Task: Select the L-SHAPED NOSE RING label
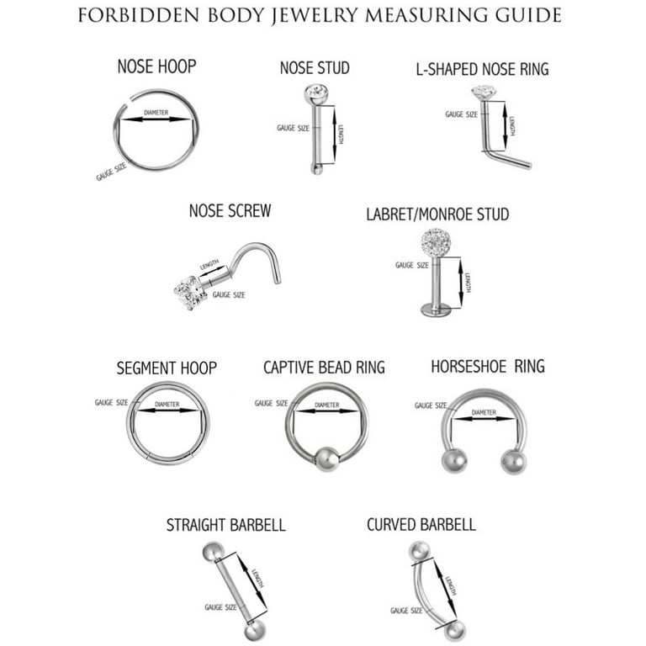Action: click(x=482, y=69)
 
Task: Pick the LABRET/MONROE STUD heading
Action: click(x=437, y=214)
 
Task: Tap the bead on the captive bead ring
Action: click(x=326, y=459)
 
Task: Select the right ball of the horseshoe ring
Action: click(x=513, y=461)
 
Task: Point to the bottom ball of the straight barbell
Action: click(x=250, y=633)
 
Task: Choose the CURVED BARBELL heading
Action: click(x=421, y=525)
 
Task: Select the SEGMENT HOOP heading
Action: click(x=167, y=368)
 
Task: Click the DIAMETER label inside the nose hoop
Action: click(x=156, y=112)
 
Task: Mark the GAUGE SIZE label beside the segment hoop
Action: click(x=111, y=403)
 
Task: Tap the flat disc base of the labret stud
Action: click(x=436, y=310)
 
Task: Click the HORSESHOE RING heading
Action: click(x=488, y=367)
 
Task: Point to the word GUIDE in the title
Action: click(x=530, y=15)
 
